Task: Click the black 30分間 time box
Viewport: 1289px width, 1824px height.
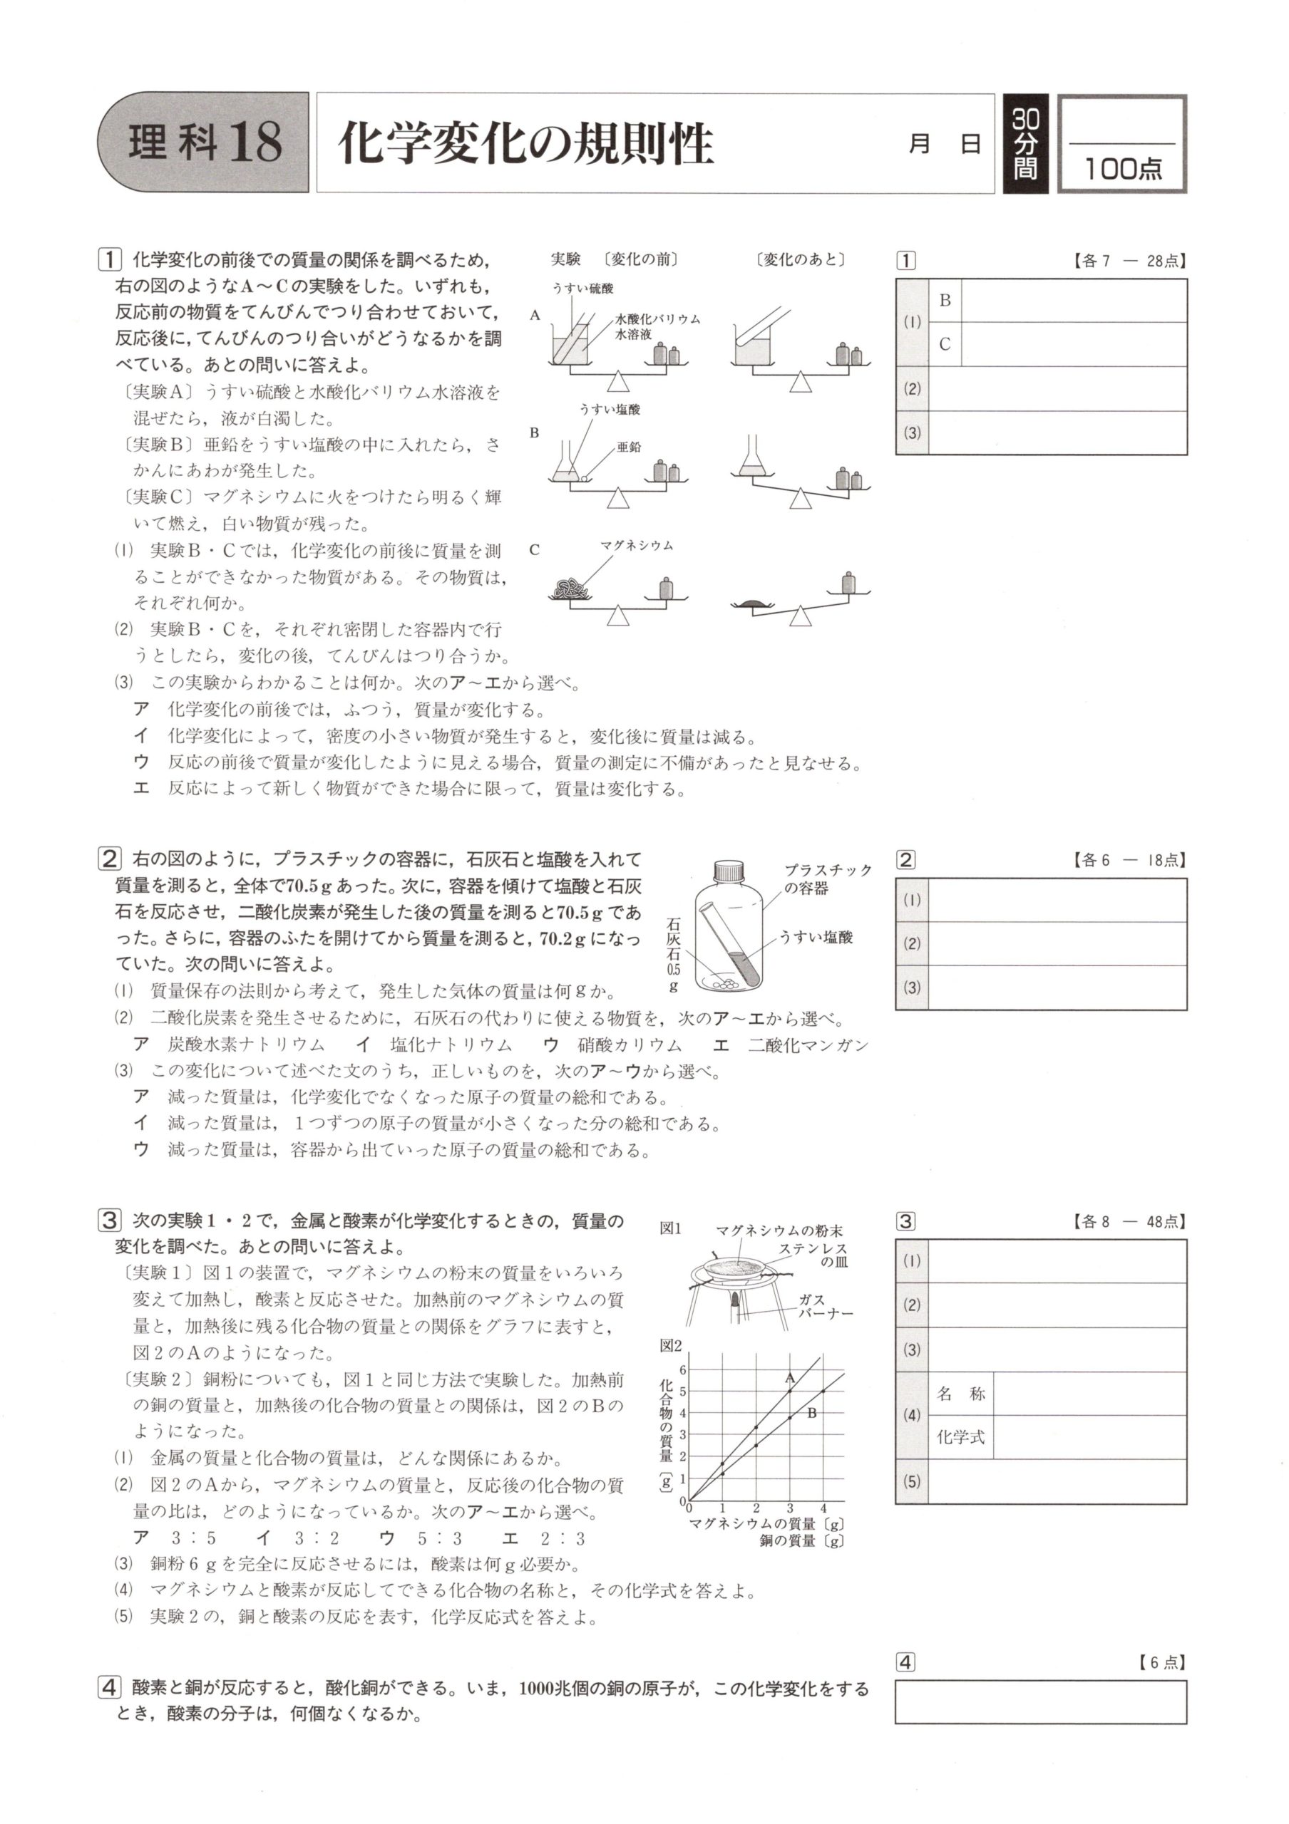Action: coord(1025,144)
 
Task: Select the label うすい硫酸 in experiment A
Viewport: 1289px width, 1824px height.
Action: coord(582,289)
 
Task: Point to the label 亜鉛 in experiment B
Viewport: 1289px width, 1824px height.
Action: coord(629,447)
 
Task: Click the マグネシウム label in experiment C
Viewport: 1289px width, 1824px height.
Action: coord(637,546)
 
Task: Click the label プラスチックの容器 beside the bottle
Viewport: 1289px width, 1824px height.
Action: coord(826,879)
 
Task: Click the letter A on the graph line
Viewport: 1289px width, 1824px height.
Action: coord(789,1378)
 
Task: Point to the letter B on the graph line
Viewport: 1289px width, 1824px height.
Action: coord(811,1414)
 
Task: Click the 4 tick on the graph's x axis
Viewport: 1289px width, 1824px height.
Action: coord(823,1508)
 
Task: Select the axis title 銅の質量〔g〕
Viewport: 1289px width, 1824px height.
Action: coord(801,1541)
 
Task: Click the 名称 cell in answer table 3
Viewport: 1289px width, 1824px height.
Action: coord(961,1394)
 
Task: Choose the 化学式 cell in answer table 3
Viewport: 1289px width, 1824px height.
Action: coord(961,1437)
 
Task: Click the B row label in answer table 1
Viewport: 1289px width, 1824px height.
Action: coord(945,300)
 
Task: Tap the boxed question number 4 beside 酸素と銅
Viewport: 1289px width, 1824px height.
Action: coord(109,1686)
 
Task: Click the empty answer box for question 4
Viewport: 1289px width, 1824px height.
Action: coord(1040,1701)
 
